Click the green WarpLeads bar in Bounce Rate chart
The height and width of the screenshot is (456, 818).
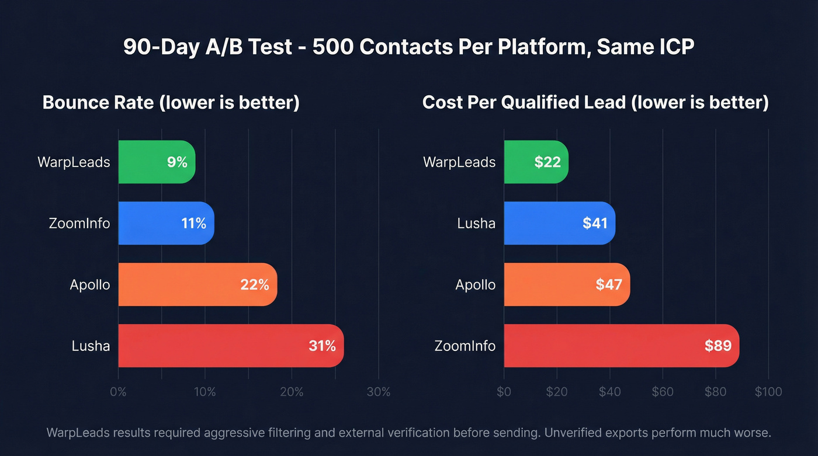click(x=157, y=162)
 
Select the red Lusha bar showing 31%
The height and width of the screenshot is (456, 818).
click(x=231, y=346)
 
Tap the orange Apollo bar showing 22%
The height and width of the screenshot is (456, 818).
click(x=197, y=284)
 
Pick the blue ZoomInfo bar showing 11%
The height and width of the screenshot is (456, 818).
click(x=166, y=223)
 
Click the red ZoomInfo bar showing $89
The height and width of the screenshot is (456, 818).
click(x=621, y=346)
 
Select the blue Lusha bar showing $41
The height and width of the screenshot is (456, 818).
click(x=559, y=223)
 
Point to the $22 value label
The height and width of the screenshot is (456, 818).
click(x=547, y=162)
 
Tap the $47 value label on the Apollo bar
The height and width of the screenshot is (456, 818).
click(x=609, y=285)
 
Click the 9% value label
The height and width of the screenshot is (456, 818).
click(x=177, y=162)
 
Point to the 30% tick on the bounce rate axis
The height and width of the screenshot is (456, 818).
click(x=379, y=392)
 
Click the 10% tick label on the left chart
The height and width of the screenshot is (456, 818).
click(x=205, y=392)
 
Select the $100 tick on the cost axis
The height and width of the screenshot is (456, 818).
click(x=768, y=392)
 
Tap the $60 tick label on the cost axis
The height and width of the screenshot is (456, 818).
click(x=663, y=392)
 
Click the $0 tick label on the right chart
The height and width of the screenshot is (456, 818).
click(x=504, y=392)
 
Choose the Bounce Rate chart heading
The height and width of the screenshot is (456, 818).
click(x=171, y=103)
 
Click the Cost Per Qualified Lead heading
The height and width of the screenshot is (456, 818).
click(x=595, y=103)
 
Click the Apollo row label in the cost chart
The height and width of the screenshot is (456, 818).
click(x=475, y=285)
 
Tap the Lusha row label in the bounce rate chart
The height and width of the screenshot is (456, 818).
click(x=91, y=346)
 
